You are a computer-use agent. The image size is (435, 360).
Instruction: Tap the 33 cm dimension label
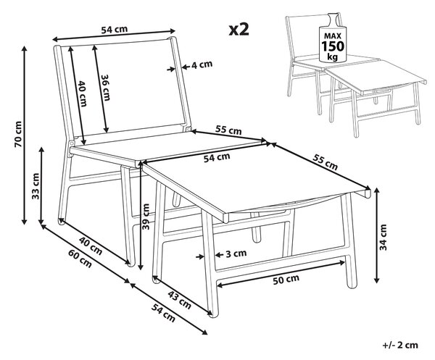click(x=36, y=186)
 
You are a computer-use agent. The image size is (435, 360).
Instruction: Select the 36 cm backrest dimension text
click(x=105, y=88)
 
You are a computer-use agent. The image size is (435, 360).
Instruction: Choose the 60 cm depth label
click(x=80, y=259)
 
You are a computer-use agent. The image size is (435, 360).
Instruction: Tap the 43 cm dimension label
click(x=181, y=301)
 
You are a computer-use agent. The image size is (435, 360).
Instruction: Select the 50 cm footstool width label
click(x=286, y=280)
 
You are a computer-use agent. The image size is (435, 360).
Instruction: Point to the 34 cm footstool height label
click(x=383, y=237)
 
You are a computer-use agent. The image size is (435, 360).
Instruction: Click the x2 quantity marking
click(x=239, y=30)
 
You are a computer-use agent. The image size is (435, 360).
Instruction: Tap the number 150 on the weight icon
click(x=333, y=46)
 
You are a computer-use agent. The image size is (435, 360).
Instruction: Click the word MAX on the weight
click(x=332, y=35)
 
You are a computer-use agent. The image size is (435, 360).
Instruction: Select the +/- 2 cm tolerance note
click(x=400, y=345)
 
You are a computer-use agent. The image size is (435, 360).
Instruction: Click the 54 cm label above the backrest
click(x=115, y=30)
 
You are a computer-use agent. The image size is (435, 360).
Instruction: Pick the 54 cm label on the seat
click(x=217, y=158)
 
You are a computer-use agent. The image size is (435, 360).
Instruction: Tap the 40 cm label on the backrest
click(x=83, y=93)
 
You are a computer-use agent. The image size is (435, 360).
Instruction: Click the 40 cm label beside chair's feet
click(x=91, y=246)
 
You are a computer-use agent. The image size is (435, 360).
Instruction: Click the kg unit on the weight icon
click(x=332, y=56)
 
